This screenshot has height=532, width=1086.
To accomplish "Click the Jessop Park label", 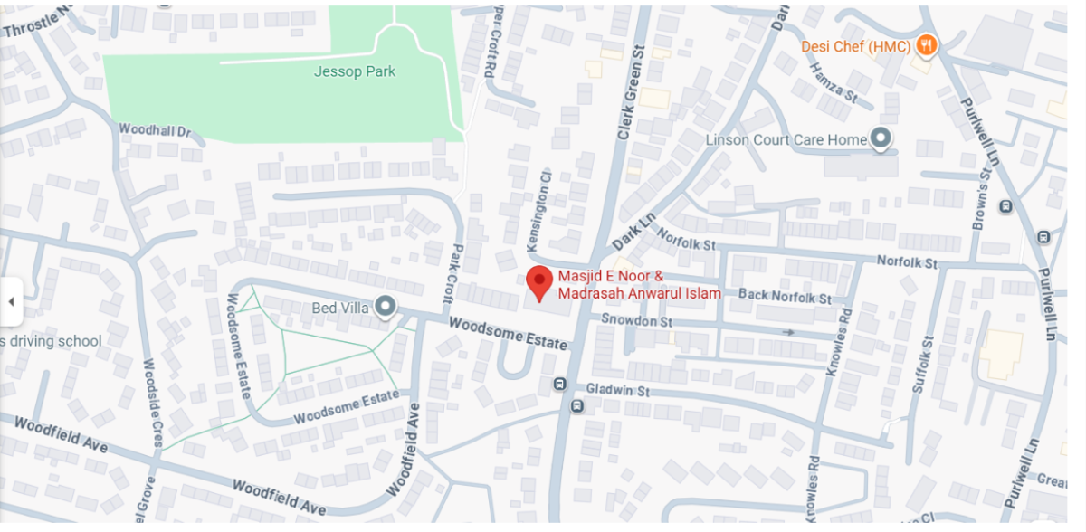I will click(x=354, y=71).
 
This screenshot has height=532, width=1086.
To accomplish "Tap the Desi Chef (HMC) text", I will click(x=855, y=45).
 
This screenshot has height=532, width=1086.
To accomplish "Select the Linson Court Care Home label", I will click(x=786, y=140).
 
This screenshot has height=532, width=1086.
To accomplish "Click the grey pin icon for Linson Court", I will click(x=881, y=139).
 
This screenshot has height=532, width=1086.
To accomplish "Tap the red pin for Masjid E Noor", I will click(x=539, y=283).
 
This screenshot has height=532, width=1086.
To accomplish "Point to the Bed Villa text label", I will click(x=340, y=308).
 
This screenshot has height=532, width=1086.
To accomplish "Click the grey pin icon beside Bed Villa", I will click(x=386, y=308).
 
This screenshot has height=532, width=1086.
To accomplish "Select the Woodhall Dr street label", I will click(x=156, y=129).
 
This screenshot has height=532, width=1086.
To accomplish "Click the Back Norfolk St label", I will click(x=785, y=296).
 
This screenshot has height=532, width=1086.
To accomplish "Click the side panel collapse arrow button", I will click(x=11, y=301).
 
